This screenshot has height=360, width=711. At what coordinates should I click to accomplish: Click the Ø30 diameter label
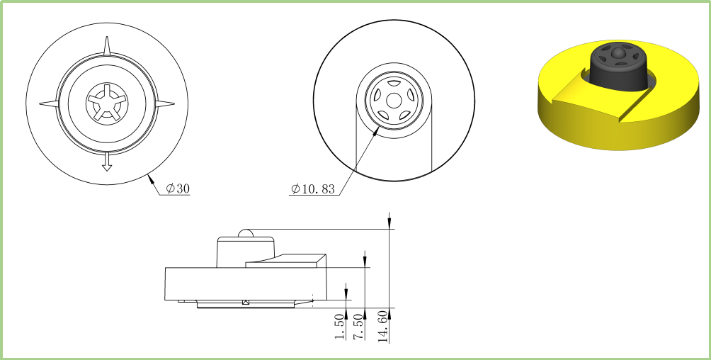[x=178, y=189]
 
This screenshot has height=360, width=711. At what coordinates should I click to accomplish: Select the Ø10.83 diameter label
[x=313, y=189]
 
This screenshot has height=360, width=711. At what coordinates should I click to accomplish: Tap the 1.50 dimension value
[x=340, y=327]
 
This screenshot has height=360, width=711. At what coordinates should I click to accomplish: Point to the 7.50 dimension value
[x=359, y=327]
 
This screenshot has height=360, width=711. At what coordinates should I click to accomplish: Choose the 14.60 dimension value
[x=383, y=327]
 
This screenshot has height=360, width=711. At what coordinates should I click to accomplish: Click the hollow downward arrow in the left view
[x=106, y=162]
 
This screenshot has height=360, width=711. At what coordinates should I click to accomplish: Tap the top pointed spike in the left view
[x=107, y=46]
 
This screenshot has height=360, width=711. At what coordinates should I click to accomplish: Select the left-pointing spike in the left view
[x=49, y=104]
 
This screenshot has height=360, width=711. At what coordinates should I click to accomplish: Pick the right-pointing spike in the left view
[x=165, y=104]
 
